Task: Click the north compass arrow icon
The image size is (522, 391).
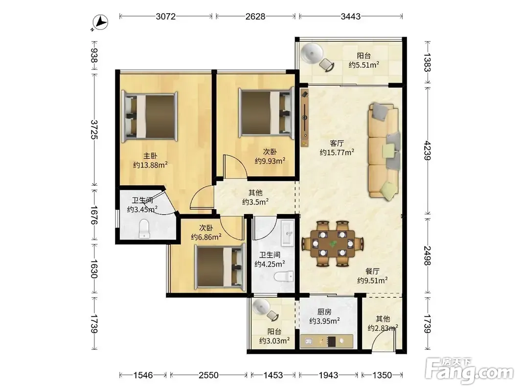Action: (100, 23)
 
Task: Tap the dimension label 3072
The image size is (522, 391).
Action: (165, 16)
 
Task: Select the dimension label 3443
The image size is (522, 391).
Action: (351, 16)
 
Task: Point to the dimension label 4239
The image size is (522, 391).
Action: (428, 151)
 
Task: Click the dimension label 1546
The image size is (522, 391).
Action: (143, 375)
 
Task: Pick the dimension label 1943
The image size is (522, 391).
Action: (329, 375)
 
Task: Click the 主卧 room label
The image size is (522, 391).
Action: (150, 155)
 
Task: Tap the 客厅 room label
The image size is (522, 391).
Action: (337, 143)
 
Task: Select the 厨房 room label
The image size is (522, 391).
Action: (324, 312)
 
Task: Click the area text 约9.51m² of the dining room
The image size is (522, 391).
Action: (372, 281)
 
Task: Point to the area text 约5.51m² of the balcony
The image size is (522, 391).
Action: (364, 65)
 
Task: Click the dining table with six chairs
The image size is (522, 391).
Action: (333, 244)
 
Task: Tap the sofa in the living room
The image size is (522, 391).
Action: (384, 152)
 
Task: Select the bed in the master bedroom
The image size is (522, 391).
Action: (150, 116)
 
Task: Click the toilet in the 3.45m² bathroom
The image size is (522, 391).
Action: (144, 229)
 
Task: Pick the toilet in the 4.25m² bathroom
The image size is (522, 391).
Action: (284, 276)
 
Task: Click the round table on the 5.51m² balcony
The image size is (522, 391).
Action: (312, 53)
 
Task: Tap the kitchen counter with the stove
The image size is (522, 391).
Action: (327, 341)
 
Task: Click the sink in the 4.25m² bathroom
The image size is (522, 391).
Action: (287, 233)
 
